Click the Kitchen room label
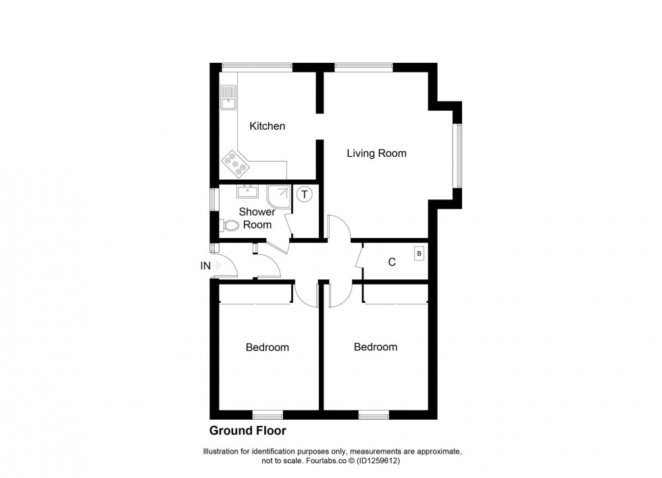(267, 126)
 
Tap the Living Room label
(376, 153)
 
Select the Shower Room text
(257, 218)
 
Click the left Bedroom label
(267, 348)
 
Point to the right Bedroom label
(376, 347)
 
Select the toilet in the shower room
(230, 226)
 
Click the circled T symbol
(305, 195)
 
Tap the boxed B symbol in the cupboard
(419, 254)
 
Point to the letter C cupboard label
(391, 262)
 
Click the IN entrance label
(205, 266)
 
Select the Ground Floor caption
(247, 430)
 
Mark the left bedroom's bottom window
(268, 414)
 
